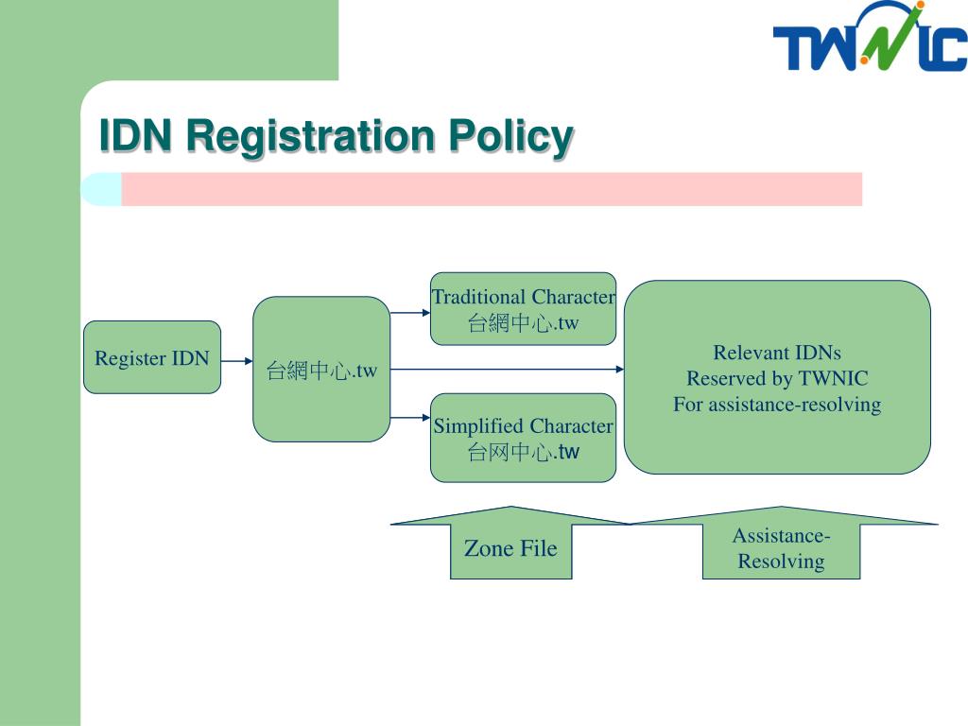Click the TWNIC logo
pos(870,36)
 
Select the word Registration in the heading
pos(310,137)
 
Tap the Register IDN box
pos(152,357)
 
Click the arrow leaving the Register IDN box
pos(236,361)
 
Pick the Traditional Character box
pos(523,309)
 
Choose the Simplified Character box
pos(523,438)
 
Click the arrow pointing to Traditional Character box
pos(410,313)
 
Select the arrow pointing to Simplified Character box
pos(410,418)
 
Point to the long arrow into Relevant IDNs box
pos(507,370)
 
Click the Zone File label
pos(510,548)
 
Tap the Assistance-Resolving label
pos(781,548)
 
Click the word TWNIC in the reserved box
pos(834,378)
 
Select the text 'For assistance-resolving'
pos(777,405)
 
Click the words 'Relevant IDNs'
pos(777,353)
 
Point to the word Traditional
pos(478,297)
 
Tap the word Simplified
pos(478,426)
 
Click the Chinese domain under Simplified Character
pos(523,452)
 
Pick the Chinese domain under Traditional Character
pos(523,323)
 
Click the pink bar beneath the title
pos(492,189)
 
